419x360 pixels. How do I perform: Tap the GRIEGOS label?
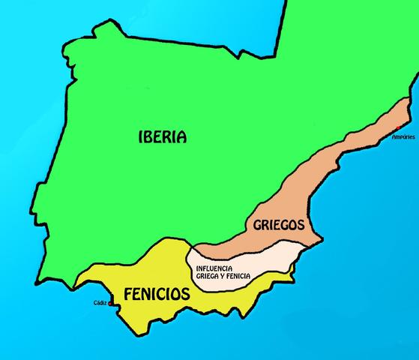pyautogui.click(x=278, y=223)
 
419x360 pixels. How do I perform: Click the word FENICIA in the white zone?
pyautogui.click(x=235, y=276)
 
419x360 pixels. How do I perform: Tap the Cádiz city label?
pyautogui.click(x=99, y=303)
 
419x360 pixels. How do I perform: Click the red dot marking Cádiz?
pyautogui.click(x=110, y=304)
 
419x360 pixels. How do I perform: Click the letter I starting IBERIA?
pyautogui.click(x=142, y=136)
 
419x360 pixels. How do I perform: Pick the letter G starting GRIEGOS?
pyautogui.click(x=256, y=223)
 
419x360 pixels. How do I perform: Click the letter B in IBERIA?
pyautogui.click(x=149, y=136)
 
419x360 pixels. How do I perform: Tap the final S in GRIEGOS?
pyautogui.click(x=300, y=223)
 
